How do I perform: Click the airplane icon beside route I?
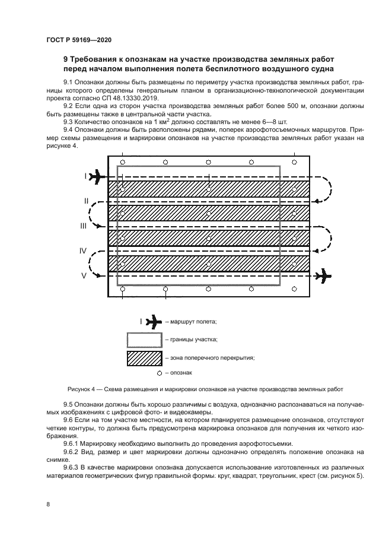click(x=98, y=176)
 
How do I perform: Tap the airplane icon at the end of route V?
click(x=324, y=275)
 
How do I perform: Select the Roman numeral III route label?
click(x=84, y=226)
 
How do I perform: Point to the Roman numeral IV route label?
click(x=84, y=251)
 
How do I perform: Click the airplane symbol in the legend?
click(x=153, y=322)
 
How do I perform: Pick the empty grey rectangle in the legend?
click(x=144, y=340)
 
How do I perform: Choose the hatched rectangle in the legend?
click(x=144, y=358)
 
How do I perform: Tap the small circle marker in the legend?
click(x=160, y=373)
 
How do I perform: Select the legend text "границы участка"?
click(x=194, y=340)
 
